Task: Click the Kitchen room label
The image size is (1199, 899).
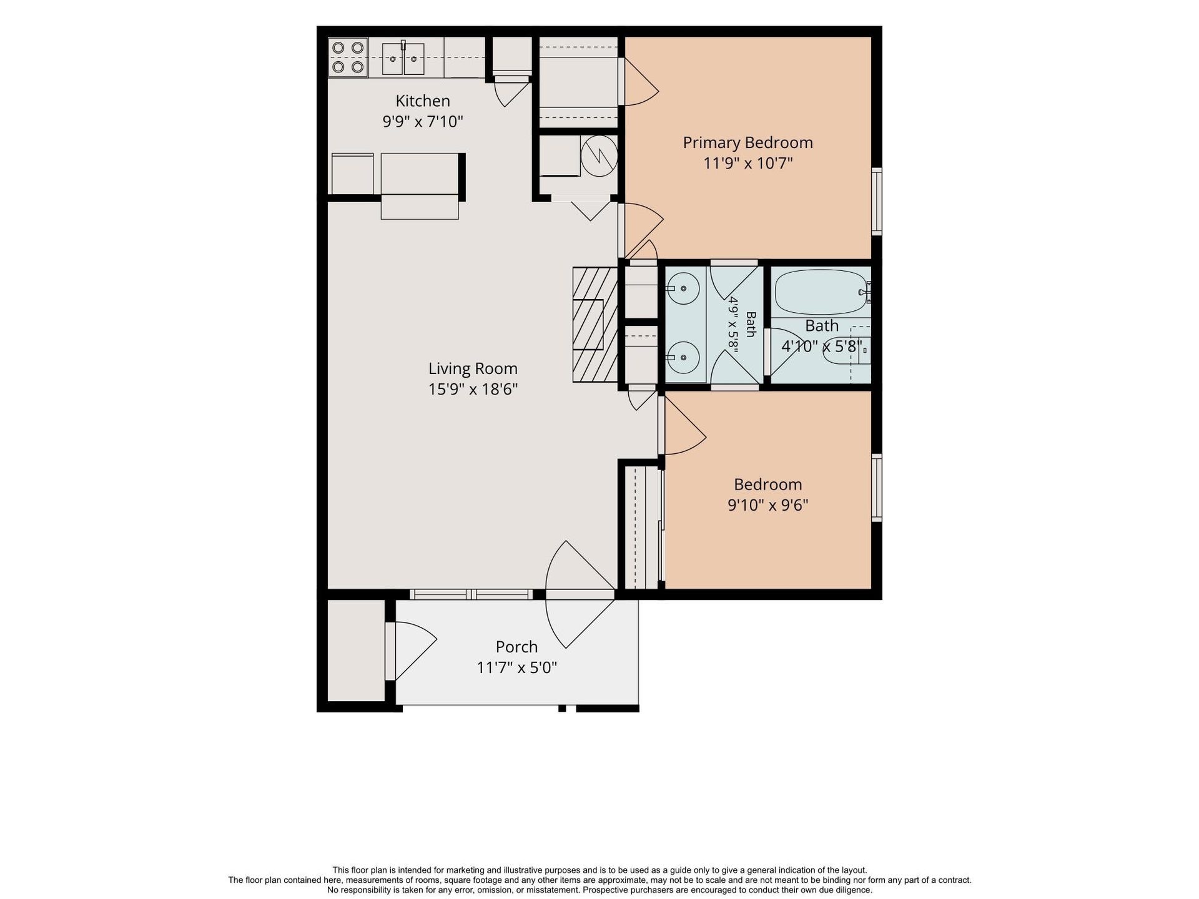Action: coord(423,101)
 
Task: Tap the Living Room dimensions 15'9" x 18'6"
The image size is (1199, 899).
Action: coord(473,390)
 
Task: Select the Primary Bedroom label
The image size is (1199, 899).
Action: coord(748,143)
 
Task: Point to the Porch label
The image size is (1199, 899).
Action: coord(516,647)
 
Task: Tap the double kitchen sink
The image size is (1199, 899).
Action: coord(403,59)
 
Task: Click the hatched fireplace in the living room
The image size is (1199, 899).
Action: coord(595,325)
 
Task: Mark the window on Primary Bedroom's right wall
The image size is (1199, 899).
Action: coord(877,201)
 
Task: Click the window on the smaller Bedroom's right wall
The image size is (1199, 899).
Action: coord(877,488)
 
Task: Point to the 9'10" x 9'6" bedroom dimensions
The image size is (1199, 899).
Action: coord(768,505)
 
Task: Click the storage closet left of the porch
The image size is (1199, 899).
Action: coord(356,650)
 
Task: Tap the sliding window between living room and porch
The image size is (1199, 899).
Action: coord(471,594)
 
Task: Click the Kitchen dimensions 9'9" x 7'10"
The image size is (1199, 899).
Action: coord(423,121)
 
